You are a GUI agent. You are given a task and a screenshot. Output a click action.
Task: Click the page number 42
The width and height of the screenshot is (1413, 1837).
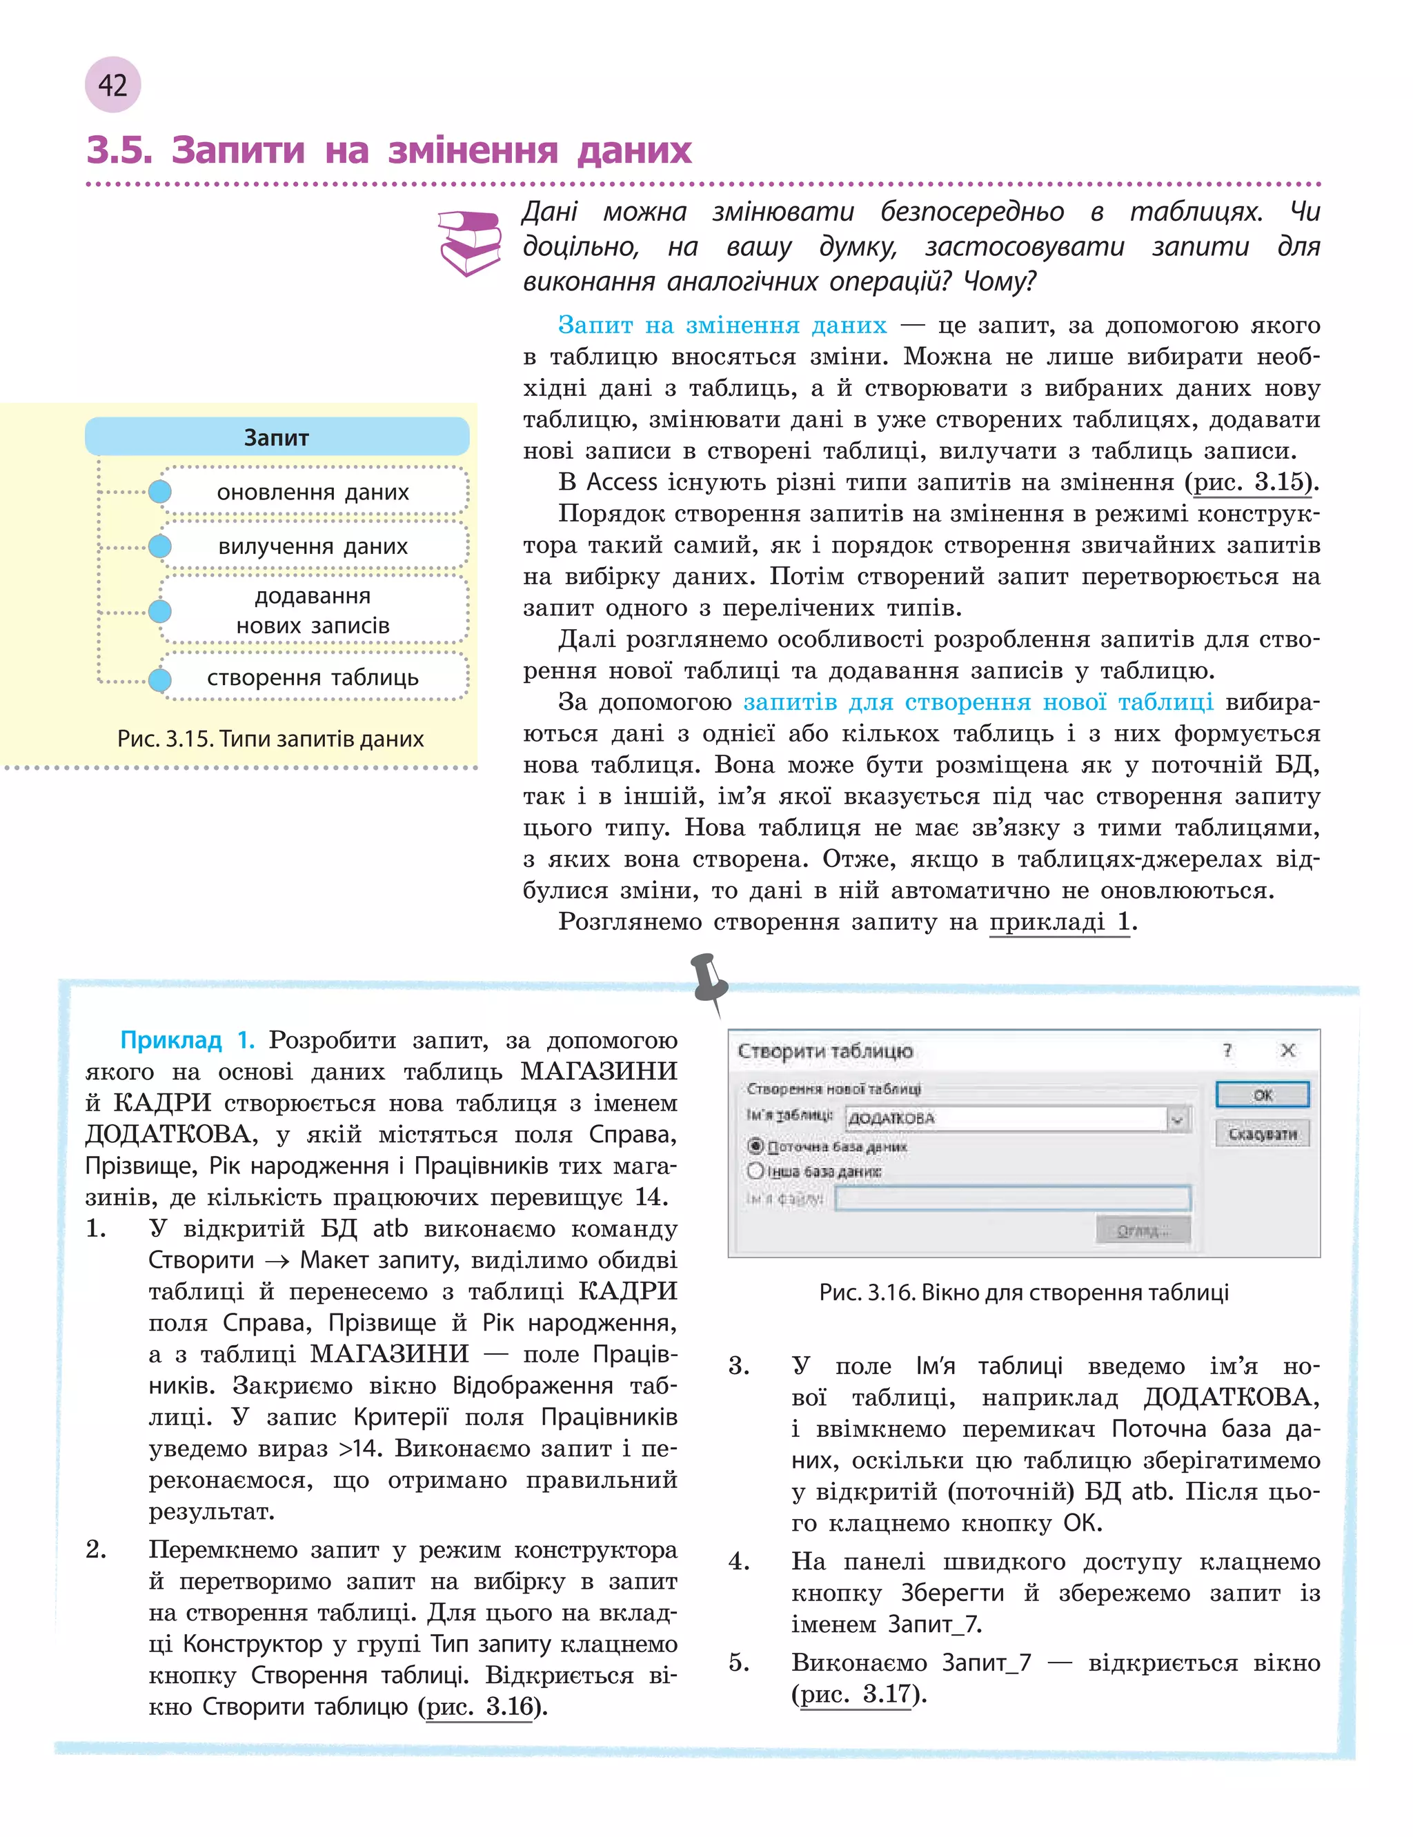click(x=112, y=85)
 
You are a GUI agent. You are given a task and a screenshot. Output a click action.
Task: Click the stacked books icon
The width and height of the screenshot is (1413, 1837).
click(x=469, y=242)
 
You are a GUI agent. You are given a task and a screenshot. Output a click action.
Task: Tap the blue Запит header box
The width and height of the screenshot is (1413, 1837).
click(x=277, y=437)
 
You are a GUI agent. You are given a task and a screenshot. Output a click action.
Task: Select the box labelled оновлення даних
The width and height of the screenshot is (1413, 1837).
click(x=313, y=492)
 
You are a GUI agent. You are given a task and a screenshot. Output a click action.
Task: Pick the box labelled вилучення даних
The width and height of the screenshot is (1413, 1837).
click(x=313, y=546)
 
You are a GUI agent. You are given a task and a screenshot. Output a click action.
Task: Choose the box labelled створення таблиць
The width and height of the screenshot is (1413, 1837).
click(x=313, y=677)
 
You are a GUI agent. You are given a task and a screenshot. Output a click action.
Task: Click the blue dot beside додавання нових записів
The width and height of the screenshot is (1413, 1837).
click(x=160, y=611)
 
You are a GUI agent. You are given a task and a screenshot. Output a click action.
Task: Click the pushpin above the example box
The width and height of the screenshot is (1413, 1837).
click(x=711, y=980)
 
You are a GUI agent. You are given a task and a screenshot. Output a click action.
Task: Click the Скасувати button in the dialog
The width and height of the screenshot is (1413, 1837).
click(x=1262, y=1134)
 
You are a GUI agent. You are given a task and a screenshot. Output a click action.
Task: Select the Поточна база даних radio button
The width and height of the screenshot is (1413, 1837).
click(x=755, y=1146)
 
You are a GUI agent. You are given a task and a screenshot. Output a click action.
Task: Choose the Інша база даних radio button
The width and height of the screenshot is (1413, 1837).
click(x=755, y=1171)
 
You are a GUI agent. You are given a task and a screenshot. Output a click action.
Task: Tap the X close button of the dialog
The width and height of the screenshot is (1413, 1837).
click(x=1287, y=1050)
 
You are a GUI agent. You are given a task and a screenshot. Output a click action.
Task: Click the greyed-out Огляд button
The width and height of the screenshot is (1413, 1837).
click(x=1143, y=1231)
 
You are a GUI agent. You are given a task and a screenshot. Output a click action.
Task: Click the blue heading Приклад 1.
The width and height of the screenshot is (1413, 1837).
click(x=187, y=1041)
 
